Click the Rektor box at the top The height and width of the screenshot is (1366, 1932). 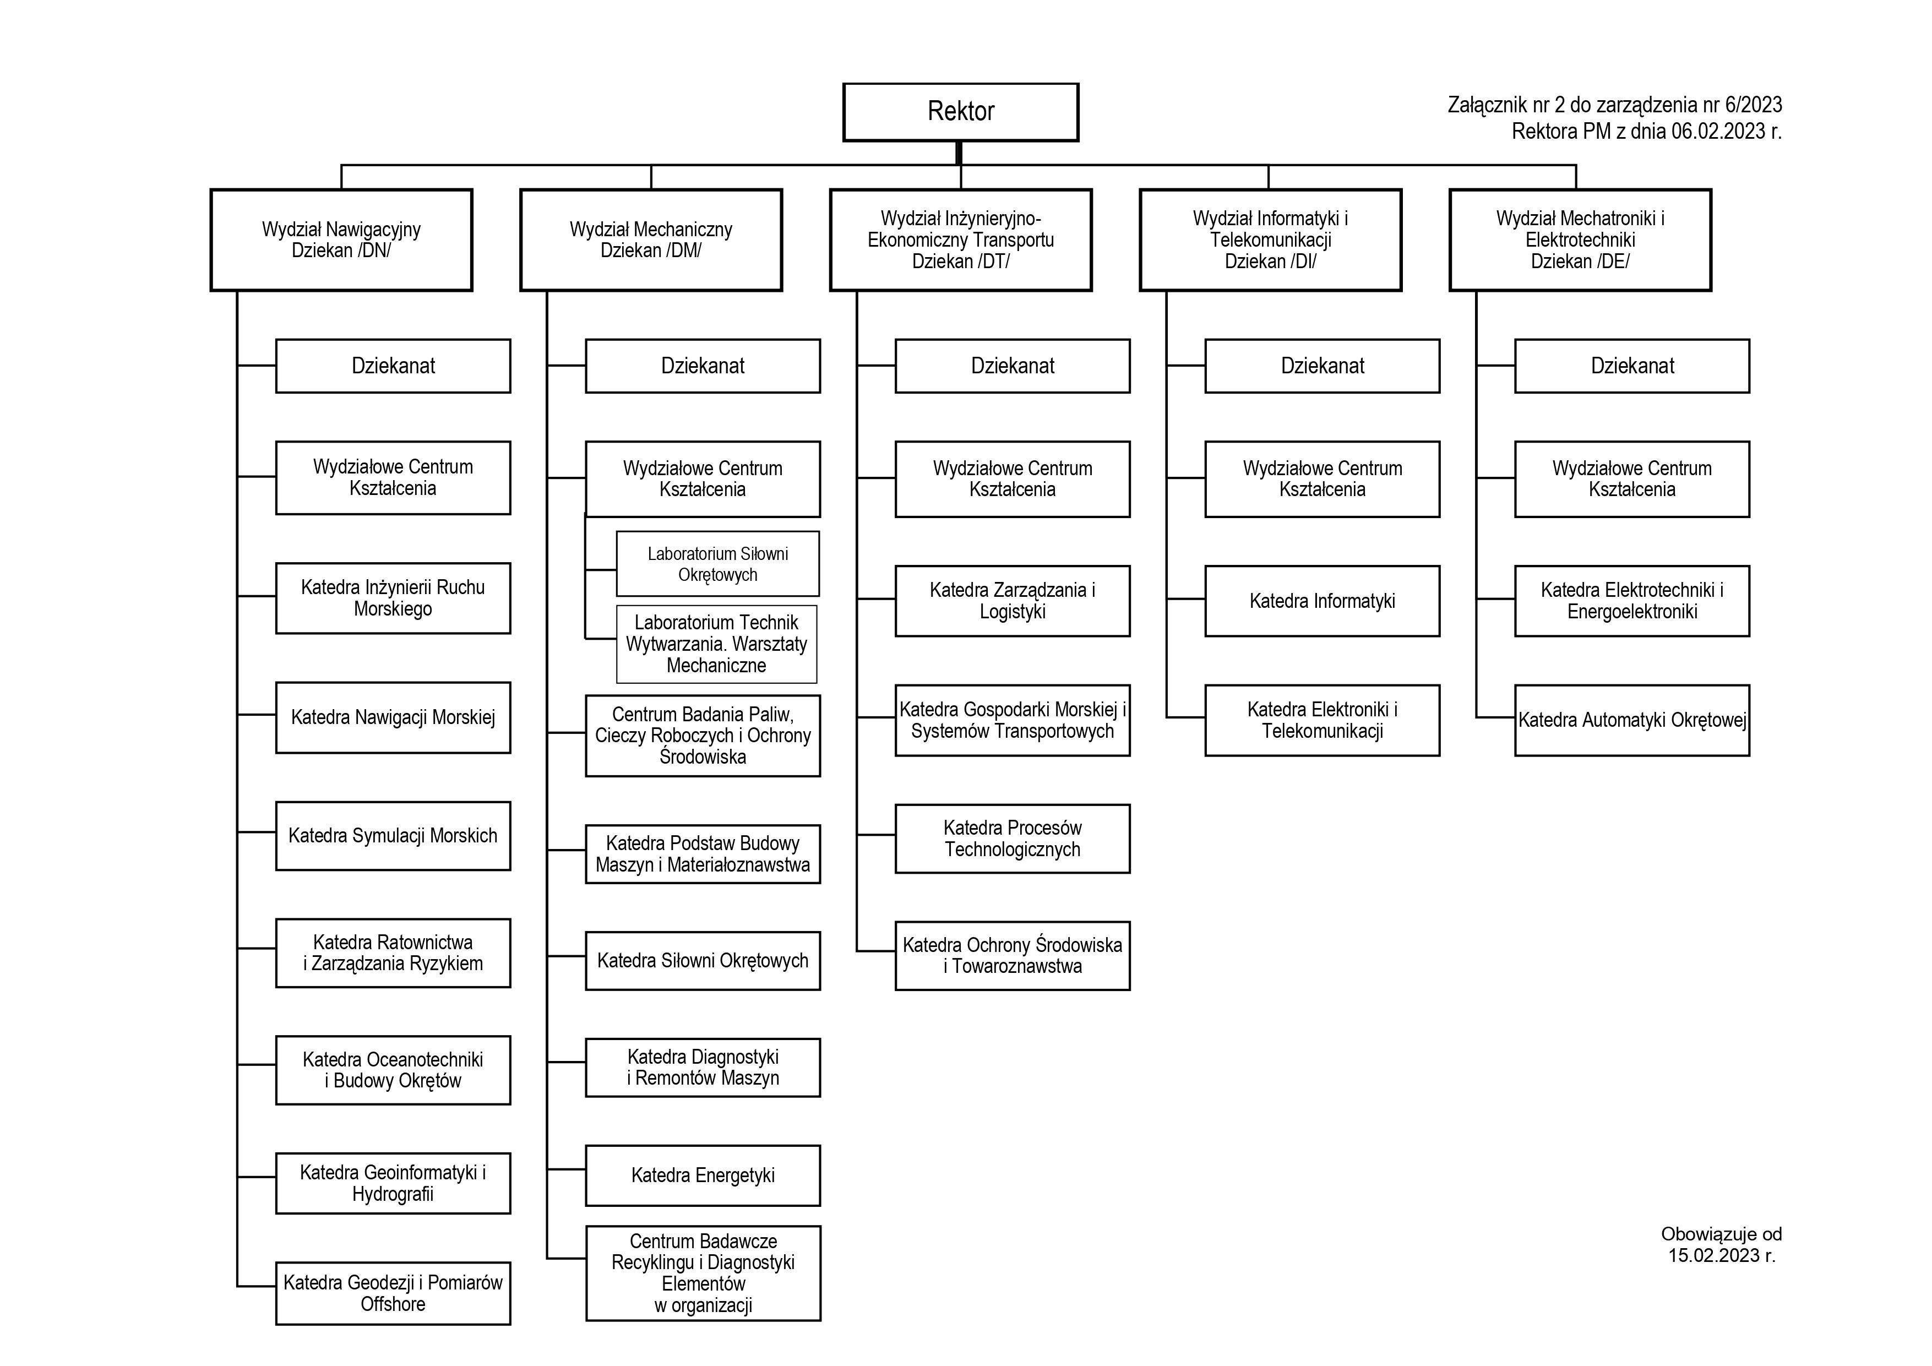(960, 112)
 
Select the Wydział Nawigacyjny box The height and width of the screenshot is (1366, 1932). (341, 240)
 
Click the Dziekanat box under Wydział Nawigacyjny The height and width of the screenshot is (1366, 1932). (393, 366)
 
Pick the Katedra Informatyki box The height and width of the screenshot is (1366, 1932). (1322, 601)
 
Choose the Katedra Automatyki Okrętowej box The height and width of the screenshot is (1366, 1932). (1631, 721)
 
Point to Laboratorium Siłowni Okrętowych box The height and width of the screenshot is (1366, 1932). (718, 564)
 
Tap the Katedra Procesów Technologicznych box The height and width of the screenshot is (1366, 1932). (1013, 839)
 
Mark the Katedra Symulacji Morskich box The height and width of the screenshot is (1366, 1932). (393, 836)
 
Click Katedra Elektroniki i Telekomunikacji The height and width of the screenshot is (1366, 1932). (1322, 721)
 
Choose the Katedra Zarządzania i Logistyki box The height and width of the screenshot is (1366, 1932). (1013, 601)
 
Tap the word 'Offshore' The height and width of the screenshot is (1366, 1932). (393, 1304)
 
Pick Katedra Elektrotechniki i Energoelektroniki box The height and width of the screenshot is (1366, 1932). (1631, 601)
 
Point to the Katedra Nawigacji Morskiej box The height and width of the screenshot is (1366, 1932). (393, 718)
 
